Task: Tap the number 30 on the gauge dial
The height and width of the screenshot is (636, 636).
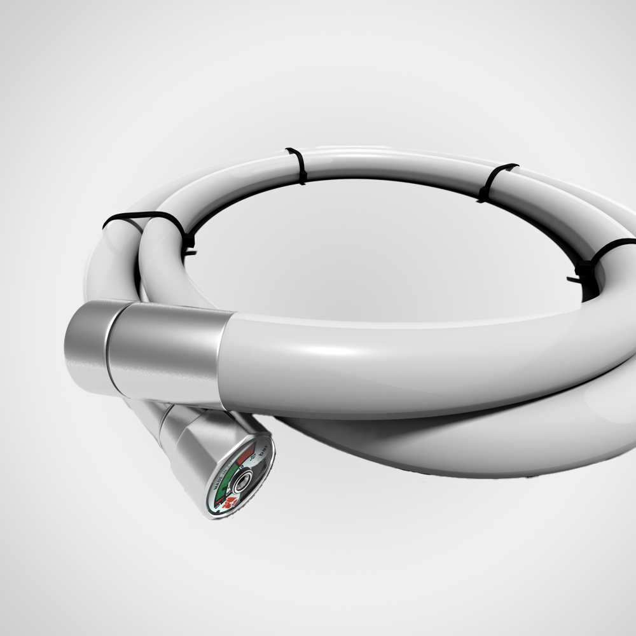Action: pyautogui.click(x=252, y=457)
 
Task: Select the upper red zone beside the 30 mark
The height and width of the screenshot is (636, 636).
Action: pyautogui.click(x=245, y=454)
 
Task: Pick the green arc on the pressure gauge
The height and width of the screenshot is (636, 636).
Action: pyautogui.click(x=226, y=480)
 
